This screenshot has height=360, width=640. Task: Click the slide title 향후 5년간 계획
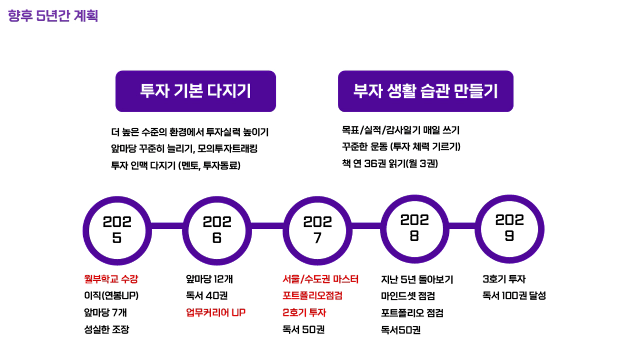53,16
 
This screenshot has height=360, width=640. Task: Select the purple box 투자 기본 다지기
196,91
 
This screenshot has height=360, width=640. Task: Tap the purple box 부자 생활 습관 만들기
426,91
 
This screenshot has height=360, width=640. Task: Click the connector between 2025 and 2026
167,226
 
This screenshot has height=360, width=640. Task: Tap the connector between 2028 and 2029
462,226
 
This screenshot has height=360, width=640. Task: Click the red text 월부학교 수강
111,279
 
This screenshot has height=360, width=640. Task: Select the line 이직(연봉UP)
111,295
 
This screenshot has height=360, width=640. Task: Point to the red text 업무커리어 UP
216,313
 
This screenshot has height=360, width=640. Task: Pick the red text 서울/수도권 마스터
321,279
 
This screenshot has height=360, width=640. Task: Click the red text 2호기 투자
304,313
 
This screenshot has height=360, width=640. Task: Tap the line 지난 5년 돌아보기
417,279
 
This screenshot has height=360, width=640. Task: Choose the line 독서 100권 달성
514,295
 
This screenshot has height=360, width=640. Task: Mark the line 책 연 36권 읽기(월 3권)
390,164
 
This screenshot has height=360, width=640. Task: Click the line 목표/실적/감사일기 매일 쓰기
401,131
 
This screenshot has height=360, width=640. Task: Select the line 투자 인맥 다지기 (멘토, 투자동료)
176,165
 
